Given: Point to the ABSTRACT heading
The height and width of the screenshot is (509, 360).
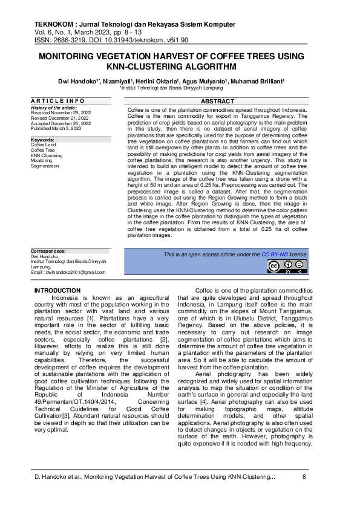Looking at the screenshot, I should (x=217, y=101).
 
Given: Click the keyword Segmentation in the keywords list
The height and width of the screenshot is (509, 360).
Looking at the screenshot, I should (x=45, y=165).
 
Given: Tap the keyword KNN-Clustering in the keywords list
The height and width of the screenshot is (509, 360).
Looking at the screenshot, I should (x=47, y=155).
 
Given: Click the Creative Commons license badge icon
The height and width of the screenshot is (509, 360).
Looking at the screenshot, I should (x=289, y=266).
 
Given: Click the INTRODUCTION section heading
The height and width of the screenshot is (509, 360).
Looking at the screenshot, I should (x=57, y=291).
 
